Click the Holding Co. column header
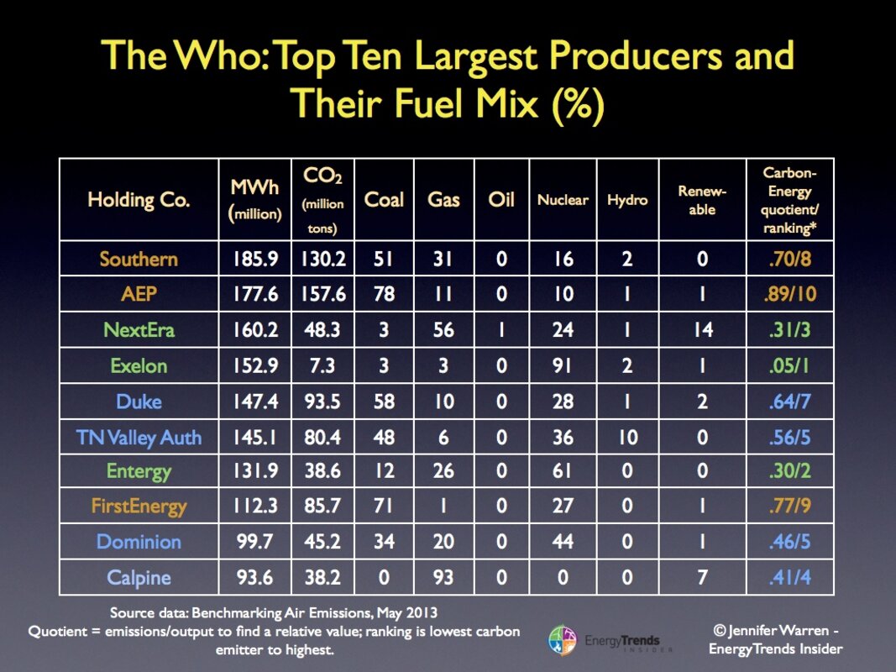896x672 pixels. [x=139, y=200]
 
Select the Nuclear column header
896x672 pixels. [x=563, y=200]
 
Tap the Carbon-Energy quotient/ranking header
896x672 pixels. [x=789, y=200]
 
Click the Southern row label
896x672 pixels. [x=139, y=259]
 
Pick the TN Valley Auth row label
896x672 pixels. [x=139, y=437]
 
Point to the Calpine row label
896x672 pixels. [x=139, y=578]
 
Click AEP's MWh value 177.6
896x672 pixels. [x=254, y=294]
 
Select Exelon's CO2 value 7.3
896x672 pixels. [x=322, y=366]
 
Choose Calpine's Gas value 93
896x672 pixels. [x=443, y=578]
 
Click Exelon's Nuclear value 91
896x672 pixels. [x=563, y=366]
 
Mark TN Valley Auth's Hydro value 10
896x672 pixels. [x=627, y=437]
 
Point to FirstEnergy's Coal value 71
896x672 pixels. [x=384, y=507]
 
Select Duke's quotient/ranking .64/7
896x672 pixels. [x=789, y=402]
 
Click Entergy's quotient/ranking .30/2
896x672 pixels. [x=789, y=471]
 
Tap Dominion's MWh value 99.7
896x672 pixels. [x=254, y=542]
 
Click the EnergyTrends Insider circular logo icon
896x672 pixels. [x=562, y=640]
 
